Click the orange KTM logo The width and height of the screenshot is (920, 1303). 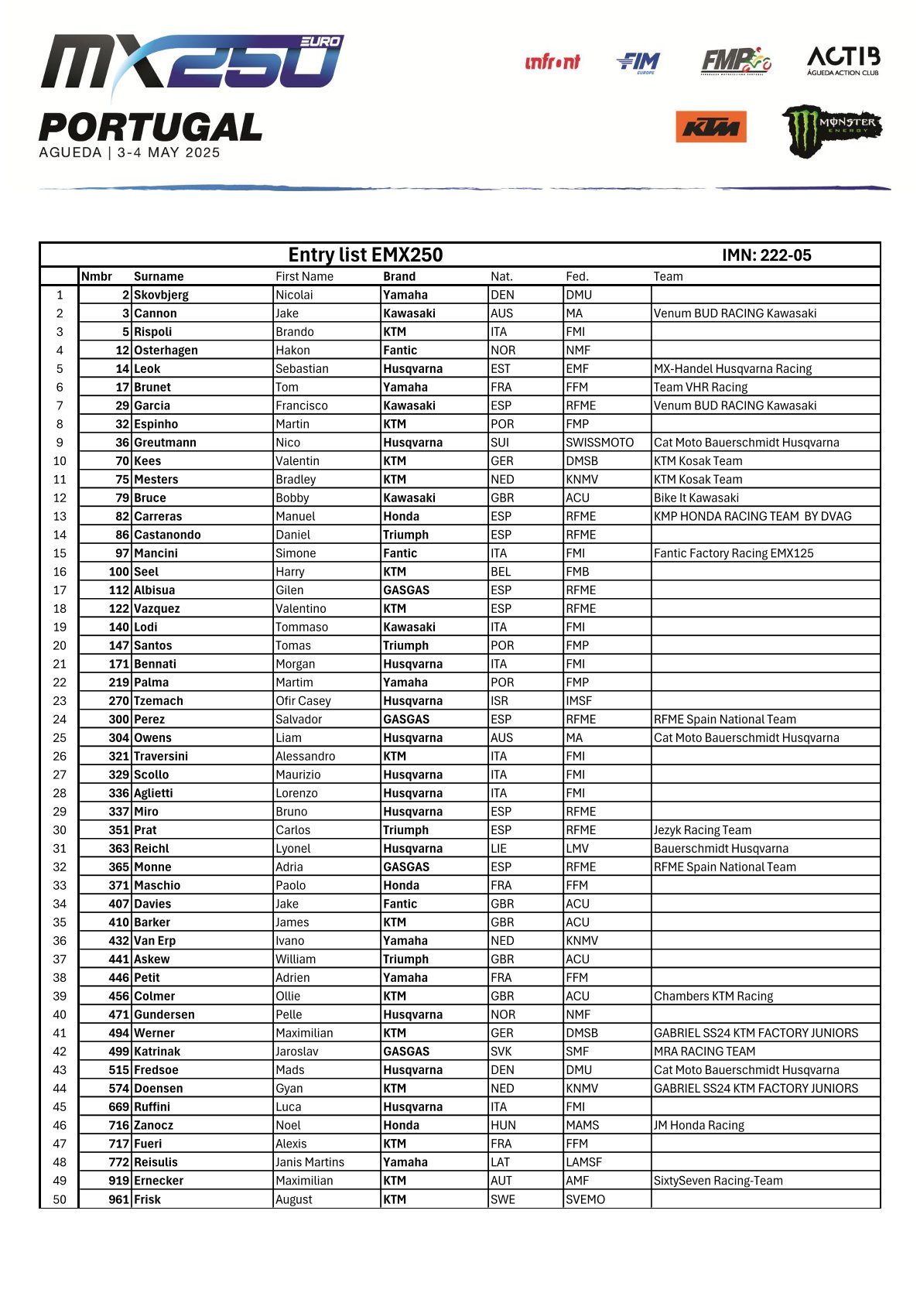tap(710, 127)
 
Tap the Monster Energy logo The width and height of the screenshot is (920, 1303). tap(831, 130)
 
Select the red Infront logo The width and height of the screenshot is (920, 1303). tap(552, 62)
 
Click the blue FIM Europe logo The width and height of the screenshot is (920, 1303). tap(639, 62)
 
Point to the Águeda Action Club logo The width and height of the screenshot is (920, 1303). tap(843, 60)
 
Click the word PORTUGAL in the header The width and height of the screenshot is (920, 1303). tap(151, 128)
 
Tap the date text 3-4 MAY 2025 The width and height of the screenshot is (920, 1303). tap(169, 152)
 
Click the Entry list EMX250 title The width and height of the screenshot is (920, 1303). tap(365, 255)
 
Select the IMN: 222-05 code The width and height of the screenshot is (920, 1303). tap(766, 255)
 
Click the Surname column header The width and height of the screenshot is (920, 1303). tap(159, 276)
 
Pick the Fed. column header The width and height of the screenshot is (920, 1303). tap(576, 276)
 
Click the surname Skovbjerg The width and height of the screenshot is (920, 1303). tap(161, 295)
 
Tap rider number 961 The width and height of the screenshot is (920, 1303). tap(118, 1199)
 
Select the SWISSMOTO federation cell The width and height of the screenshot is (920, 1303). tap(599, 443)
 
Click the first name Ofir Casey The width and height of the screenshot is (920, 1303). tap(303, 701)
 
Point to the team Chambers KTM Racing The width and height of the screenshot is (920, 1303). tap(713, 996)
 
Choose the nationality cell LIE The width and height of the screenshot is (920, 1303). tap(498, 849)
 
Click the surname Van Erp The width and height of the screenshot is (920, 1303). tap(155, 941)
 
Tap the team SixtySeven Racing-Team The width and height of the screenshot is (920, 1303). tap(717, 1181)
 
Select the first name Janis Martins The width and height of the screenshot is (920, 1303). tap(310, 1162)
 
